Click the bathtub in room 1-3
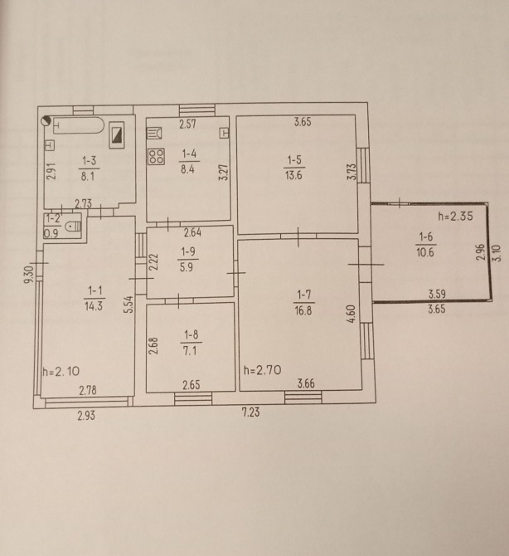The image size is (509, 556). click(79, 125)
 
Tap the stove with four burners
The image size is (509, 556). click(156, 157)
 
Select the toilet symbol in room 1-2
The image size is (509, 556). click(75, 227)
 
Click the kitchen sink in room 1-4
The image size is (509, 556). click(154, 133)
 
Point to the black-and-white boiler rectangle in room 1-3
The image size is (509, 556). click(117, 134)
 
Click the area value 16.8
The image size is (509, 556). click(303, 310)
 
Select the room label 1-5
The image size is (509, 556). click(294, 160)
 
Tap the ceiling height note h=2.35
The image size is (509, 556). click(455, 216)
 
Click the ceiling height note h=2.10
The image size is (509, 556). click(61, 371)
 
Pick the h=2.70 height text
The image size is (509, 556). click(263, 370)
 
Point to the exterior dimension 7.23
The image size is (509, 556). click(251, 412)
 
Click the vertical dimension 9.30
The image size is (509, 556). click(28, 275)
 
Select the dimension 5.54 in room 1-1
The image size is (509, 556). click(129, 305)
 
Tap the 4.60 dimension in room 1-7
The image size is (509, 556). click(351, 314)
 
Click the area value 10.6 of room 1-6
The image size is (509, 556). click(425, 252)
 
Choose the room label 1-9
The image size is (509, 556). click(188, 251)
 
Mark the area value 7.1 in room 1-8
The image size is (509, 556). click(190, 351)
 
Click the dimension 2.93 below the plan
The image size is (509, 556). click(86, 415)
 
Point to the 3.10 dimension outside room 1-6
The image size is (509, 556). click(497, 253)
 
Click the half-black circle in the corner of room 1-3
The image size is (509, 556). click(46, 121)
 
